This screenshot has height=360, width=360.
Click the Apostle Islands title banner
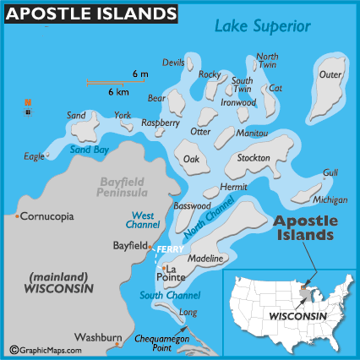coord(90,14)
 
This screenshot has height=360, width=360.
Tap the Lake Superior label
coord(263,26)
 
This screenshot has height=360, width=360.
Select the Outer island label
coord(330,74)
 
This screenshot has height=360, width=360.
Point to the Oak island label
coord(191,159)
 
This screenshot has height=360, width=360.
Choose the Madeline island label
coord(205,259)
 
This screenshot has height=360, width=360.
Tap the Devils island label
coord(173,63)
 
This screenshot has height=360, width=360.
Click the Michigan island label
coord(330,200)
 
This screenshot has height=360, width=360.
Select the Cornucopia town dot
coord(18,216)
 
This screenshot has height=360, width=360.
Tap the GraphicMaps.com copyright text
coord(46,349)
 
